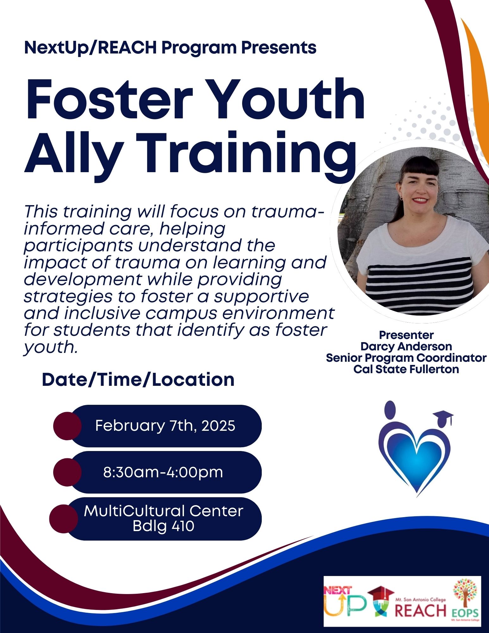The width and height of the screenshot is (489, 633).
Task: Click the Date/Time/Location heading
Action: click(x=138, y=380)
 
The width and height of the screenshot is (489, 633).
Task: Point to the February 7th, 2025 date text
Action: click(x=165, y=426)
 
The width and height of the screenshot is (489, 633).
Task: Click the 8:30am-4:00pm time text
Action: click(x=163, y=472)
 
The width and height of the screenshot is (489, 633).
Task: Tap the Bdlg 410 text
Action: click(x=163, y=526)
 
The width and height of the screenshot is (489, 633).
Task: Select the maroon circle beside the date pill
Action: click(x=67, y=426)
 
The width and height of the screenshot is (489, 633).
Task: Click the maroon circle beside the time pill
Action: click(x=67, y=472)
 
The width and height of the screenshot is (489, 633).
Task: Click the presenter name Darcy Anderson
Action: click(x=406, y=347)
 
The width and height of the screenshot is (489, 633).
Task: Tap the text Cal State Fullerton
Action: click(x=406, y=369)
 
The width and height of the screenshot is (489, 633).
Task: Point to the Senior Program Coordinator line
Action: click(x=406, y=358)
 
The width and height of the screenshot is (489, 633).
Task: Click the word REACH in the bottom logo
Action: click(x=421, y=610)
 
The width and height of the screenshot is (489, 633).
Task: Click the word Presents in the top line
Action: click(x=279, y=48)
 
